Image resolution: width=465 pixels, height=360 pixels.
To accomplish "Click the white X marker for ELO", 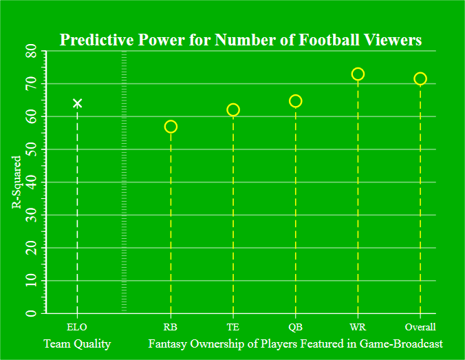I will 77,103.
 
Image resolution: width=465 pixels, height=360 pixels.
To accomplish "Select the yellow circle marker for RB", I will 171,127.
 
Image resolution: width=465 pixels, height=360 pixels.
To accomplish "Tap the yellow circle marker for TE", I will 233,109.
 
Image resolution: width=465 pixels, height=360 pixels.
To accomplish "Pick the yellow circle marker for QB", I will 296,101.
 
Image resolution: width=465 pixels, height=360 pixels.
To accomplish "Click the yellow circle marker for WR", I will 358,74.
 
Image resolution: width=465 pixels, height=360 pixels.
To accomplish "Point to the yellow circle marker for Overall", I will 420,78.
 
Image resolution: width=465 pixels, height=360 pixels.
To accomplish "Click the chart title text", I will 240,40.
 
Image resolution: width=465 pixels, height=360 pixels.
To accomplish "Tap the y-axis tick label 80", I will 30,52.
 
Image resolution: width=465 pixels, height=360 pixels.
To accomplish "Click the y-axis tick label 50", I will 30,149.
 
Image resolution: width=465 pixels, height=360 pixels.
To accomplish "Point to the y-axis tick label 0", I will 30,314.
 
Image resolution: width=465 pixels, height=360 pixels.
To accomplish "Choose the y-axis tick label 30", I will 30,215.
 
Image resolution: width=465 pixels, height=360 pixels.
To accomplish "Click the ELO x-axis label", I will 77,327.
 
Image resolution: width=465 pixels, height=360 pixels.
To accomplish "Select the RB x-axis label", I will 171,327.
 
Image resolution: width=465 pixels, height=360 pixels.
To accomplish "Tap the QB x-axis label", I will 296,327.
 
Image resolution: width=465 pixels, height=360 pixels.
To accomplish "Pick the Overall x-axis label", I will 420,327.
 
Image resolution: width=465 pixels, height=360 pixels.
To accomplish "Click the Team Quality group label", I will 77,343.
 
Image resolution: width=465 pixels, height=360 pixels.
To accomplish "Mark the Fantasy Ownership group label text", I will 295,343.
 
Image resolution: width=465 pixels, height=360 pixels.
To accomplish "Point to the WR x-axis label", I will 358,327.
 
